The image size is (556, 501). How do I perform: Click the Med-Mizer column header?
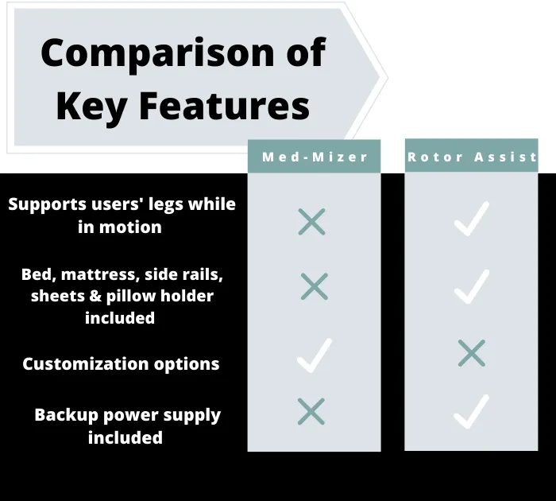coord(315,157)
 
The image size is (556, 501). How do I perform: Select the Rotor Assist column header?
coord(472,157)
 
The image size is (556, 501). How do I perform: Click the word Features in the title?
coord(225,105)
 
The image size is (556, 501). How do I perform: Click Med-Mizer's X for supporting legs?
coord(311,222)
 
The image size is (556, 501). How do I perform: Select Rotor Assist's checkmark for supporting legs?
coord(472,219)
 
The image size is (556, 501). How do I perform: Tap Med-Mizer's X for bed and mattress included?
coord(315,286)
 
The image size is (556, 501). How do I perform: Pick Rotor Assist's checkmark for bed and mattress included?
coord(472,287)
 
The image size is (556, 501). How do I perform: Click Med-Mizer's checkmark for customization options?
coord(315,355)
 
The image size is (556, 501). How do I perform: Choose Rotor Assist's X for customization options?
coord(472,353)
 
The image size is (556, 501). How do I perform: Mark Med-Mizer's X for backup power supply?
coord(311,411)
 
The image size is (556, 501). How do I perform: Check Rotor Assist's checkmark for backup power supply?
coord(472,412)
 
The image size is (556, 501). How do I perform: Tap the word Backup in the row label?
coord(66,415)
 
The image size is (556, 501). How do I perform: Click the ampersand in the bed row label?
coord(95,296)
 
